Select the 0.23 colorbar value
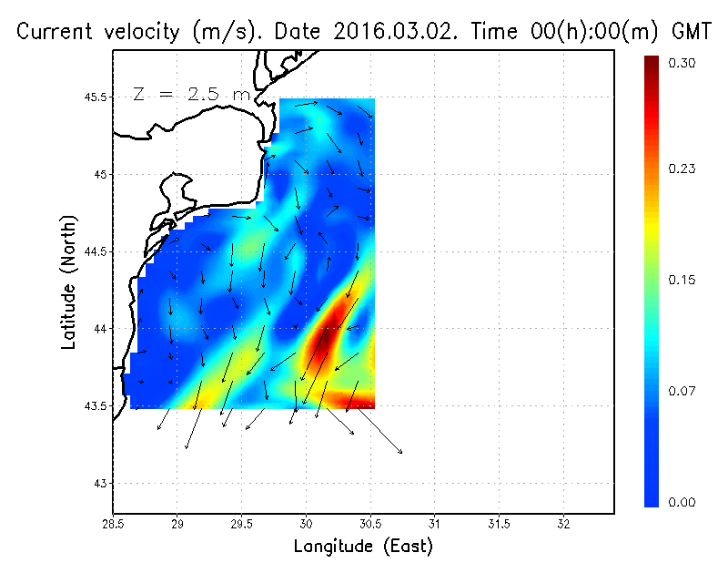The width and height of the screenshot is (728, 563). point(682,169)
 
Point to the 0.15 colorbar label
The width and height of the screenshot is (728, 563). point(682,280)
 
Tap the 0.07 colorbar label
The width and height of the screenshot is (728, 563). point(682,391)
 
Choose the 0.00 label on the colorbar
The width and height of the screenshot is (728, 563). point(682,502)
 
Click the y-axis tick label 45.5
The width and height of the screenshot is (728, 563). point(95,97)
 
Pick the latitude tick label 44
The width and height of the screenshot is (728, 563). point(100,328)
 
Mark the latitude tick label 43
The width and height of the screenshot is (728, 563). point(100,483)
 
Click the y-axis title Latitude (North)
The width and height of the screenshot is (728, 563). point(68,282)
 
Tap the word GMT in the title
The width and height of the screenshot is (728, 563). point(689,32)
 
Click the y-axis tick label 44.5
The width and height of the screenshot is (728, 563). point(95,251)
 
